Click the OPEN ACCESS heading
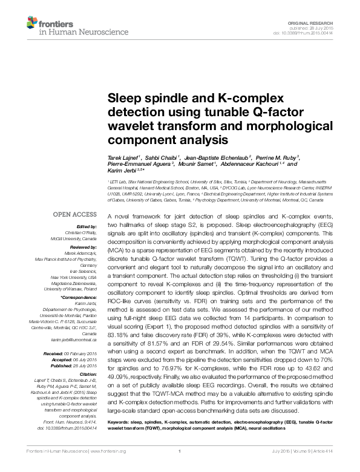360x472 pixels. [75, 215]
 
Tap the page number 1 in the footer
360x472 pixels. [180, 451]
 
